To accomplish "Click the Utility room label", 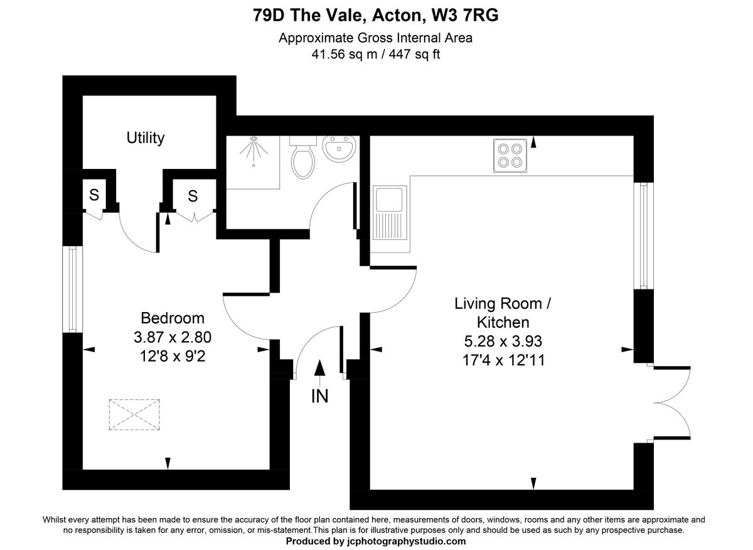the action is click(x=145, y=138).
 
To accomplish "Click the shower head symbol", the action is click(x=254, y=150).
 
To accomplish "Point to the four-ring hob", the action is click(x=510, y=156).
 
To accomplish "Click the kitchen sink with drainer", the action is click(x=390, y=212).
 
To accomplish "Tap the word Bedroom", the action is click(x=173, y=318).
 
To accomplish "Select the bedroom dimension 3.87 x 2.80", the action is click(x=173, y=337).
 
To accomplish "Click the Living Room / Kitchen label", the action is click(x=503, y=313).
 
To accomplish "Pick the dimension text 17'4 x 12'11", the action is click(x=503, y=360).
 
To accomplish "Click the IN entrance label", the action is click(x=319, y=396).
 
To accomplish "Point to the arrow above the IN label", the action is click(x=319, y=374).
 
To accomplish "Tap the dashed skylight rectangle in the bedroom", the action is click(x=134, y=414).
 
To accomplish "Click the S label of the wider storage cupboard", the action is click(x=193, y=196).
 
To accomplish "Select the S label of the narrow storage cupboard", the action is click(x=94, y=195).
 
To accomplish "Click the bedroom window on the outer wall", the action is click(x=73, y=289).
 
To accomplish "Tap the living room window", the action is click(x=643, y=235).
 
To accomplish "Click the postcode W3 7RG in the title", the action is click(x=465, y=15).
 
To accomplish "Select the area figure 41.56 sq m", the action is click(x=344, y=54).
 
